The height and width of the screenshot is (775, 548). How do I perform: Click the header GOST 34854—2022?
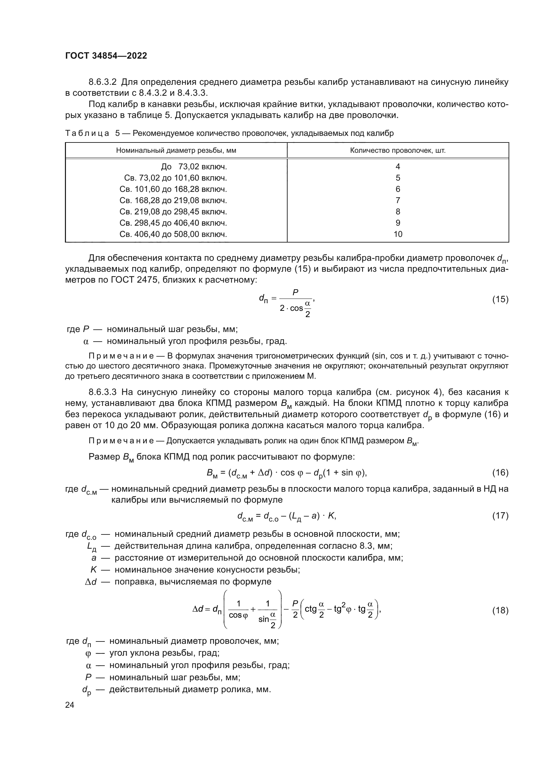pyautogui.click(x=106, y=56)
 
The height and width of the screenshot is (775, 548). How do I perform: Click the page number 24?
pyautogui.click(x=70, y=705)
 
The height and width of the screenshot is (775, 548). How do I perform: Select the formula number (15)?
pyautogui.click(x=500, y=300)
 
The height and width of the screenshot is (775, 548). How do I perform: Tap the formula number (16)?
pyautogui.click(x=500, y=472)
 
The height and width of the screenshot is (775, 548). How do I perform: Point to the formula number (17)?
pyautogui.click(x=500, y=516)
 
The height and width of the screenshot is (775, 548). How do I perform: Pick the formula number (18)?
pyautogui.click(x=500, y=610)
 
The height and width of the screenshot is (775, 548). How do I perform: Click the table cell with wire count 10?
pyautogui.click(x=398, y=234)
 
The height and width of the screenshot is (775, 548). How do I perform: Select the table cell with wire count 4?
pyautogui.click(x=398, y=167)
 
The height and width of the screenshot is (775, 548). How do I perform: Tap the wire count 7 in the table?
pyautogui.click(x=398, y=200)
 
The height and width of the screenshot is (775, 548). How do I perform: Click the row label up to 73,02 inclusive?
pyautogui.click(x=194, y=167)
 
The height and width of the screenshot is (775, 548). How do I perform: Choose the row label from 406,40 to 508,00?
pyautogui.click(x=173, y=234)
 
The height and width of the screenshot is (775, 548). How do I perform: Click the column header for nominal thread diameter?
pyautogui.click(x=176, y=150)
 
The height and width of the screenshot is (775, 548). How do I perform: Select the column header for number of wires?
pyautogui.click(x=398, y=150)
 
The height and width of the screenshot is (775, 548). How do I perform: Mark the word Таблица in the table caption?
pyautogui.click(x=87, y=133)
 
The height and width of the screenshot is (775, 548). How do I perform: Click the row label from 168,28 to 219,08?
pyautogui.click(x=173, y=200)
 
